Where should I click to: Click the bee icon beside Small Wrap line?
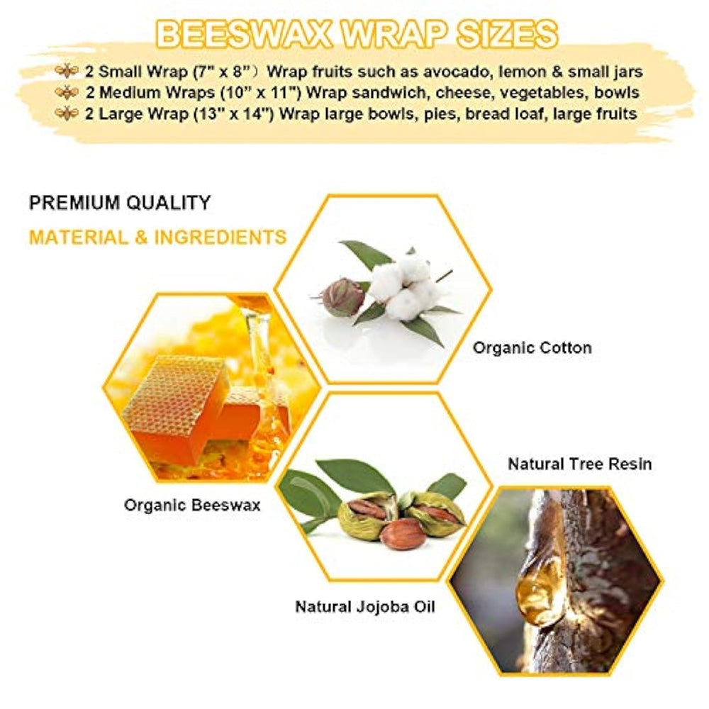[x=67, y=71]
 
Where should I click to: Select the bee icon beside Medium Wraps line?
[x=67, y=92]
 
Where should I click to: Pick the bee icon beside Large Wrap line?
[x=67, y=113]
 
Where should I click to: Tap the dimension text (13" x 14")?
[x=234, y=113]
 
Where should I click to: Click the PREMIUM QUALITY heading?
[x=120, y=203]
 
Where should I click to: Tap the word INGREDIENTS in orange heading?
[x=220, y=238]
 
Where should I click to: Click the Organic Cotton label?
[x=532, y=347]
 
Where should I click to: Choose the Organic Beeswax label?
[x=192, y=505]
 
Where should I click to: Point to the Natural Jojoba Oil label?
[x=365, y=606]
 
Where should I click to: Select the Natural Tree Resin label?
[x=580, y=464]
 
